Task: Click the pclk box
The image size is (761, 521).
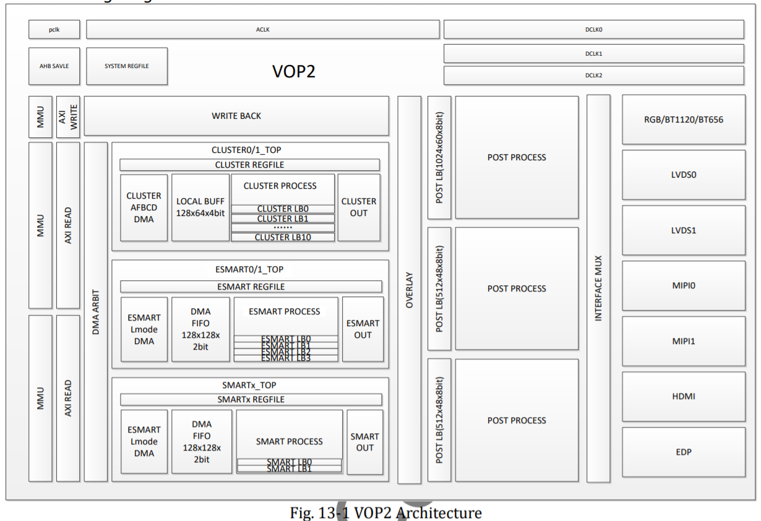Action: (x=54, y=29)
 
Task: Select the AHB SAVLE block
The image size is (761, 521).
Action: (x=54, y=66)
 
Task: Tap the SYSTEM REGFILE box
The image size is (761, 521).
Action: (x=126, y=66)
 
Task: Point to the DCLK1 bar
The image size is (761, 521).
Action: (x=593, y=53)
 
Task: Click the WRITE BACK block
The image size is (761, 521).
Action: (x=236, y=116)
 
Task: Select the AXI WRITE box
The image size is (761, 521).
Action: (x=68, y=116)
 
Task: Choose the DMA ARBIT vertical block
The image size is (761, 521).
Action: (x=95, y=312)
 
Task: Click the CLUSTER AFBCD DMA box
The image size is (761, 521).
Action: (x=144, y=207)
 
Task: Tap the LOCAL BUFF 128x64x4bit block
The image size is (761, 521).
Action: (x=200, y=207)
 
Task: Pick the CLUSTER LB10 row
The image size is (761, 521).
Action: (x=283, y=237)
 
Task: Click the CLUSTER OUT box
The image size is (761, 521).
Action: (x=359, y=207)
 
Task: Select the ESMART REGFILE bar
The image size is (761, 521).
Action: (x=251, y=286)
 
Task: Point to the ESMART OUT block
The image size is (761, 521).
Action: (x=363, y=329)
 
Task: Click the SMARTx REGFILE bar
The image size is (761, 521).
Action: (x=251, y=400)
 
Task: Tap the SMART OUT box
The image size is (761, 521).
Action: (x=364, y=442)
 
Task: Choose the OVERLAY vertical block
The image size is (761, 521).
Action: (x=409, y=290)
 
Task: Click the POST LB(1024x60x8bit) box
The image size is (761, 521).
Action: (x=439, y=157)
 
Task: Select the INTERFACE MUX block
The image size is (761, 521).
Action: (x=598, y=288)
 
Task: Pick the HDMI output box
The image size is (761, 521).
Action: (x=683, y=396)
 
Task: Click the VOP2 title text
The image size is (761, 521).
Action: (x=294, y=72)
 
